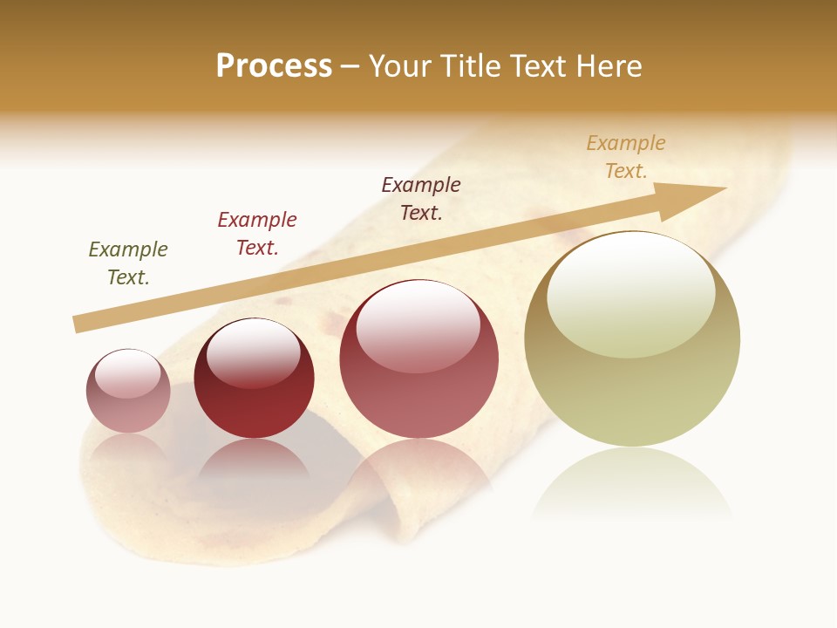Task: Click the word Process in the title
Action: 274,66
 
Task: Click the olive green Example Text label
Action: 128,263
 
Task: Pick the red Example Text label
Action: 257,234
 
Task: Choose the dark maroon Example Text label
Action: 421,198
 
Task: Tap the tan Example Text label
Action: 626,157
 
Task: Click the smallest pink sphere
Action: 128,392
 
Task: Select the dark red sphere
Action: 254,379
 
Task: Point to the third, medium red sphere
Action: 419,359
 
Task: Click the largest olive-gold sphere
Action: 632,340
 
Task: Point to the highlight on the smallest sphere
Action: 128,374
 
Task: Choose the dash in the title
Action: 350,66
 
